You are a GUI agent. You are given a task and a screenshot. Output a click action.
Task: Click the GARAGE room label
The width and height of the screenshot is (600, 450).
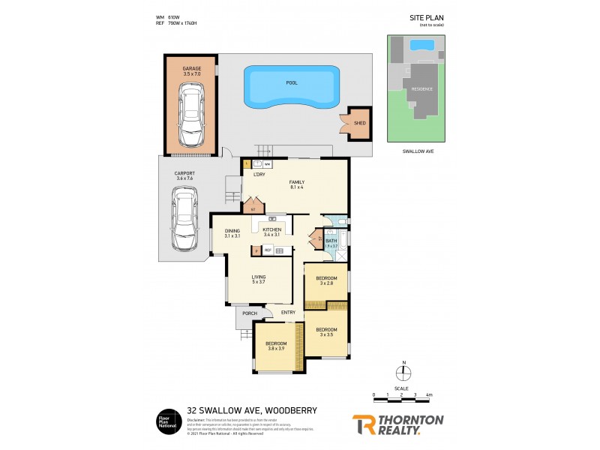191,68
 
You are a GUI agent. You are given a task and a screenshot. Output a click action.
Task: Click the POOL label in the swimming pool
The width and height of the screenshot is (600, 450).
291,82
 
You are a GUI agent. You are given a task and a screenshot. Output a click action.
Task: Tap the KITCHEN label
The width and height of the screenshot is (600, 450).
271,229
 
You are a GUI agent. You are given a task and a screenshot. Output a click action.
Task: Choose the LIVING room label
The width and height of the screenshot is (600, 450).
259,276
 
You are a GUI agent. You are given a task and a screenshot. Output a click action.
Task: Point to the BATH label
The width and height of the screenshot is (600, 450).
331,241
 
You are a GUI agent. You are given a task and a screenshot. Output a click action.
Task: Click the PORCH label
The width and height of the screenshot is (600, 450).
250,313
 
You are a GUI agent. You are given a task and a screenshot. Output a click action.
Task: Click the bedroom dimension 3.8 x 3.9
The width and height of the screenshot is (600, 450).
276,349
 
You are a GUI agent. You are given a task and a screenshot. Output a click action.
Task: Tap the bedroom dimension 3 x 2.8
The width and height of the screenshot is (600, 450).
326,283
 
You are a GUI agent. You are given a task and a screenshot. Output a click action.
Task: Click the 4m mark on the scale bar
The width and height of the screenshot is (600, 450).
429,394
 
